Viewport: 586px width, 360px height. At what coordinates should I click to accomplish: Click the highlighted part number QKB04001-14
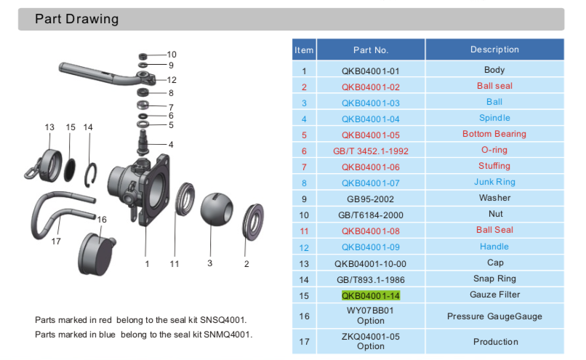[371, 295]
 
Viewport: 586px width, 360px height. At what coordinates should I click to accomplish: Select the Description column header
[494, 49]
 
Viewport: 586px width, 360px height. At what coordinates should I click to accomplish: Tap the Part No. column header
[371, 50]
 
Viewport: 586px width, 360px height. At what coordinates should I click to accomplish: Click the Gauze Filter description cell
[494, 295]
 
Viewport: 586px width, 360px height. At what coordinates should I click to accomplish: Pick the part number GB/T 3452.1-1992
[371, 151]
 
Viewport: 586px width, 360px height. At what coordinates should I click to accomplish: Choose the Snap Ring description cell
[494, 279]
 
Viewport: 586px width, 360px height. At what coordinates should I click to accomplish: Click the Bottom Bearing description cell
[494, 134]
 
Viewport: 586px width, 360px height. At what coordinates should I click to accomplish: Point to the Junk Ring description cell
[494, 182]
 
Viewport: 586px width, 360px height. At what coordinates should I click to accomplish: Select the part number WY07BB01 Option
[371, 316]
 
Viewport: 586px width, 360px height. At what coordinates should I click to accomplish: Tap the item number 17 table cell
[304, 341]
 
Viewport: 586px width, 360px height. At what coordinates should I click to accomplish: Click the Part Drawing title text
[76, 19]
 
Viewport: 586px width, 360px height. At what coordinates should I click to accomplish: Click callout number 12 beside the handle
[172, 80]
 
